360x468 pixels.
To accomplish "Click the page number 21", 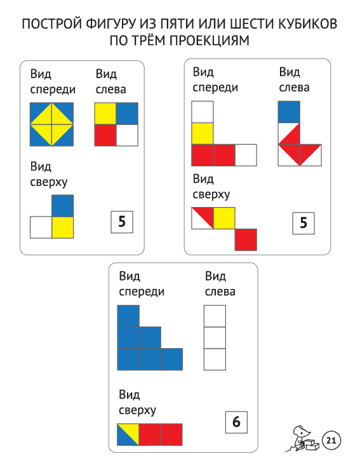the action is point(331,440).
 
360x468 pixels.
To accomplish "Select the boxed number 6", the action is point(236,422).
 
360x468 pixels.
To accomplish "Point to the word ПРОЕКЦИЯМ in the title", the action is point(210,41).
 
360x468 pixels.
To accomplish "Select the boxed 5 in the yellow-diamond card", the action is point(122,222).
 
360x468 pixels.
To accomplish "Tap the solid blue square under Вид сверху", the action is point(63,206).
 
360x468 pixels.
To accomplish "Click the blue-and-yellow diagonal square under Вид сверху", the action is point(128,434).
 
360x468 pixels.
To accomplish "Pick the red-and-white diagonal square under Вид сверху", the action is point(203,218).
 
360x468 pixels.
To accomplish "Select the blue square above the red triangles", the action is point(289,112).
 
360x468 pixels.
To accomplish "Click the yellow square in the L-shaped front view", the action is point(203,133).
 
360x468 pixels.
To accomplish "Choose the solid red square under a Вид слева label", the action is point(105,135).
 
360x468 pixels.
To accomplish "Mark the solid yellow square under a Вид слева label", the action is point(105,114).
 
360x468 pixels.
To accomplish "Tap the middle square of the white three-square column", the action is point(215,338).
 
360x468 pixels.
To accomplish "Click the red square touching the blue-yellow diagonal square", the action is point(150,434).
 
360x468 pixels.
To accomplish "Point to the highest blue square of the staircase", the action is point(128,316).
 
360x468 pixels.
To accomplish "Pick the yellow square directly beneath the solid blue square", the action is point(63,227).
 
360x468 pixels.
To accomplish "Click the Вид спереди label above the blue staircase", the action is point(142,284).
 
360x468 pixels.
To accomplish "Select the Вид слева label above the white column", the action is point(220,284).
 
